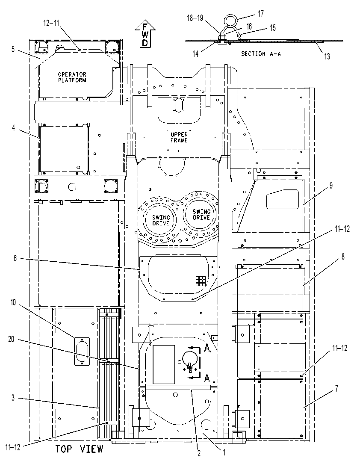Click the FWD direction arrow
145,34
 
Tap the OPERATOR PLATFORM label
72,77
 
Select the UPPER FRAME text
179,137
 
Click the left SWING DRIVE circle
161,220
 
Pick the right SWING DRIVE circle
201,214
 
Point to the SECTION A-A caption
261,53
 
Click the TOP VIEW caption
80,449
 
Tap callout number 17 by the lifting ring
261,14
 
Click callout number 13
327,56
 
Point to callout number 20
11,339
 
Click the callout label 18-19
195,18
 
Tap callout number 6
15,258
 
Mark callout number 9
331,186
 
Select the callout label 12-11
51,23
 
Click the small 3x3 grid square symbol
200,281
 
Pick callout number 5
13,49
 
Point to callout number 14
195,53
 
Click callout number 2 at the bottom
199,453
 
